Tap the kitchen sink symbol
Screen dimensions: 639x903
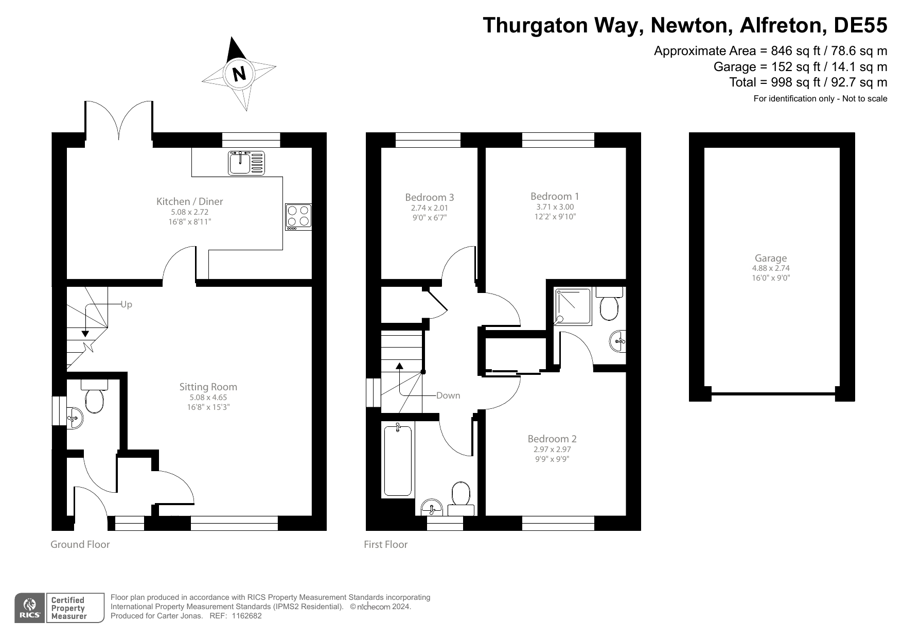(x=246, y=162)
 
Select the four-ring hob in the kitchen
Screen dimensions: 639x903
(x=298, y=216)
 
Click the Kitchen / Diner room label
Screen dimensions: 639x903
(x=190, y=201)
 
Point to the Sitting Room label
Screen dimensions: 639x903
(x=208, y=387)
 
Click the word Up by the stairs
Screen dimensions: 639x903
(x=127, y=304)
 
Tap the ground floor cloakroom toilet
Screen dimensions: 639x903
(x=94, y=396)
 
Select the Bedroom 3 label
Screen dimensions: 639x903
(x=429, y=197)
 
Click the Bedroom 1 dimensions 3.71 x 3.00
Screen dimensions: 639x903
(x=555, y=207)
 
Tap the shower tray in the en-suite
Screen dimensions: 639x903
(x=573, y=307)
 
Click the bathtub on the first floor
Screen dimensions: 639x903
(x=398, y=460)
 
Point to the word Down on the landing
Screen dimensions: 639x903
(x=448, y=395)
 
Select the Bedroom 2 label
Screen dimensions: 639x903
(x=552, y=439)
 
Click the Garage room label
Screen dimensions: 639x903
(x=770, y=258)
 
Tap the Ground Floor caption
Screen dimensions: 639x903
(x=80, y=544)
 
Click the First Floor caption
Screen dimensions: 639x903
(x=385, y=544)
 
